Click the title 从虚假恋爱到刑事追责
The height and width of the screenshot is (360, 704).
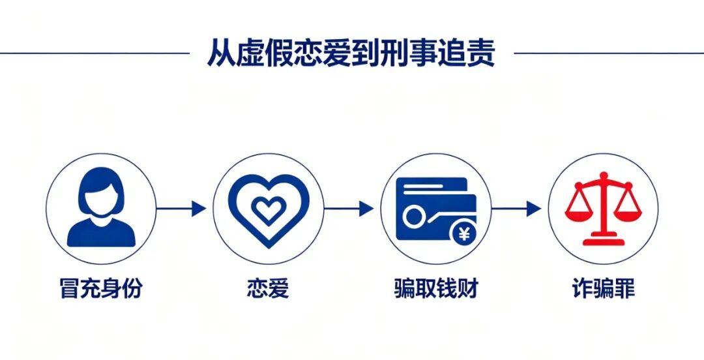point(351,53)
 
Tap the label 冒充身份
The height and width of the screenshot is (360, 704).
point(101,288)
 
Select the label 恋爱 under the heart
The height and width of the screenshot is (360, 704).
point(268,288)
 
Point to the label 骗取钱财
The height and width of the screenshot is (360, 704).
point(436,288)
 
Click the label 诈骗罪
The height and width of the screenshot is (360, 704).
point(604,288)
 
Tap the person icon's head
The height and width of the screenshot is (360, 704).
point(101,192)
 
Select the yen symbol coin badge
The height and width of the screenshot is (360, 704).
point(464,235)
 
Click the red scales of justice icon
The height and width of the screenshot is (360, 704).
point(604,209)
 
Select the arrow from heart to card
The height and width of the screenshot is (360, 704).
point(349,209)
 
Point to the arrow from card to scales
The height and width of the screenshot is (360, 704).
point(516,209)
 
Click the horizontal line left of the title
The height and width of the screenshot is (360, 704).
point(95,53)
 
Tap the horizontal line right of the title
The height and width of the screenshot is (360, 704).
point(609,53)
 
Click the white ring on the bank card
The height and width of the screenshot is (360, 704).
point(412,217)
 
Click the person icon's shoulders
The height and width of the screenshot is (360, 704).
point(101,233)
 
